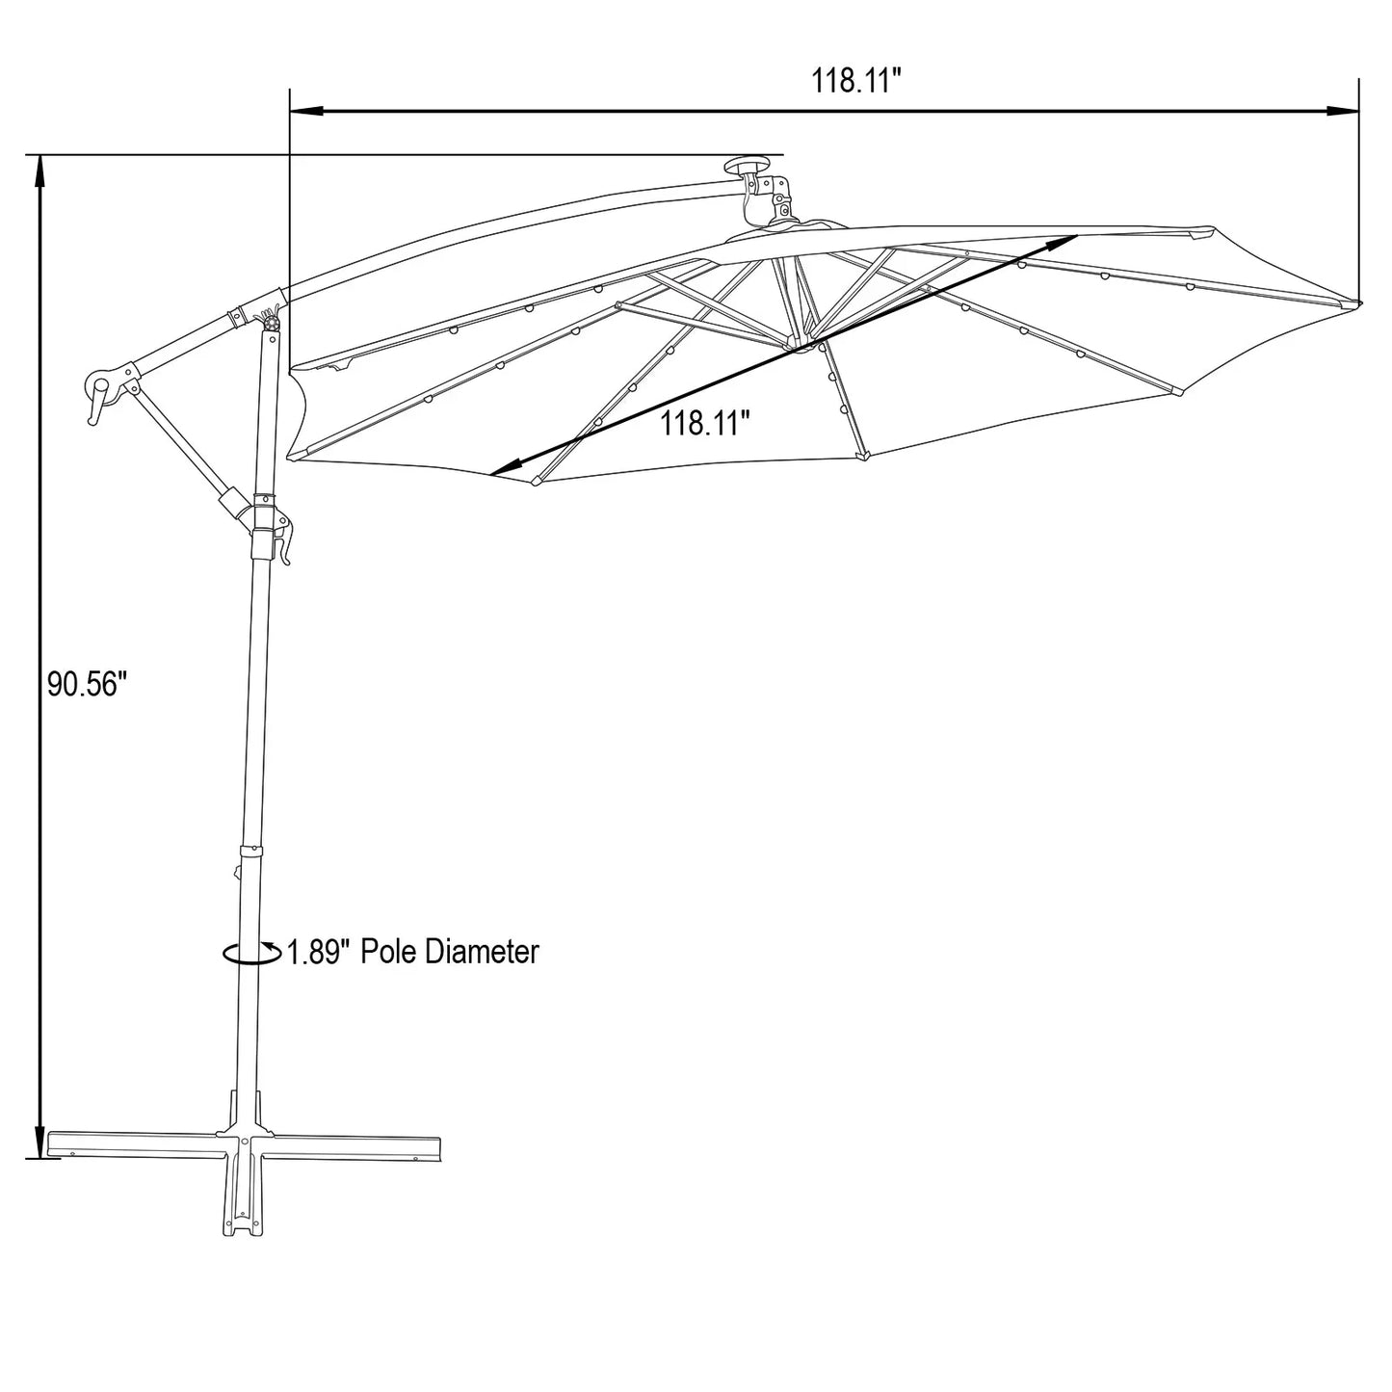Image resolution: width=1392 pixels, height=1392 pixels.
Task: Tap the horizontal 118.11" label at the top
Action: point(855,81)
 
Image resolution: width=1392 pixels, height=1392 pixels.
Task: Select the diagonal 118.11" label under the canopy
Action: point(705,423)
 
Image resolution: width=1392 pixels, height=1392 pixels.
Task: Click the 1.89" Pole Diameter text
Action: point(413,952)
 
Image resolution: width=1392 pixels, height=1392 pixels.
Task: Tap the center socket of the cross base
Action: point(243,1142)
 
